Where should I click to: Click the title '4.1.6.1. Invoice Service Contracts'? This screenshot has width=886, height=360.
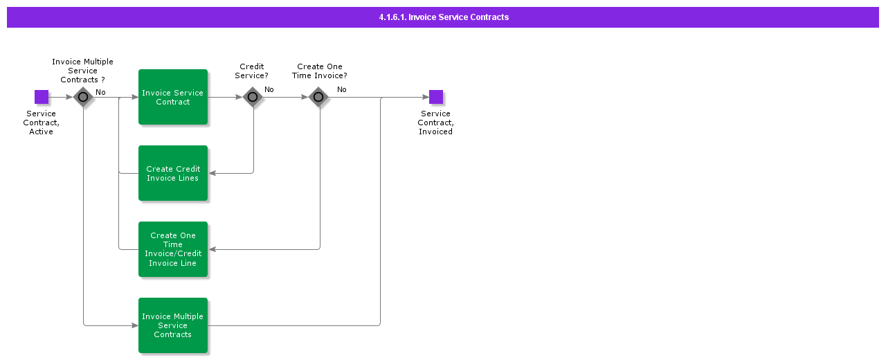(443, 17)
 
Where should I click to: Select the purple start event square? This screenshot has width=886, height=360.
(42, 97)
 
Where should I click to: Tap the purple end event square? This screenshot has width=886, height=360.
(435, 97)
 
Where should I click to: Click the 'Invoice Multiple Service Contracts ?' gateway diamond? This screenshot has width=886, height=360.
(83, 97)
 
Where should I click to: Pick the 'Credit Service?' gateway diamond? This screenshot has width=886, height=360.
(253, 97)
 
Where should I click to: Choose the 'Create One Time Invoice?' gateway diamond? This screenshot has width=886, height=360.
(319, 97)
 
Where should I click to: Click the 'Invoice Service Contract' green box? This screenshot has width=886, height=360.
(173, 97)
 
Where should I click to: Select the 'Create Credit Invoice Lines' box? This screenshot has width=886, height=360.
(173, 173)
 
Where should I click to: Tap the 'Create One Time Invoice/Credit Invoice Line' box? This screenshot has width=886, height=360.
(173, 249)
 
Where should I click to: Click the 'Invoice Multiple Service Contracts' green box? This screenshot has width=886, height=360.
(173, 325)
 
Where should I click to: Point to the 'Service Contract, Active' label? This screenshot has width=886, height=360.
(42, 123)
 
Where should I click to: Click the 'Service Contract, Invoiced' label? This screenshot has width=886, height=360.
(435, 123)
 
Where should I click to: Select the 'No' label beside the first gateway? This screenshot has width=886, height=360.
(100, 92)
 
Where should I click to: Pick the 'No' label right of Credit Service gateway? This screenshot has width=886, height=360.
(269, 89)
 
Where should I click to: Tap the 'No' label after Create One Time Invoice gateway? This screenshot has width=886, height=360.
(342, 89)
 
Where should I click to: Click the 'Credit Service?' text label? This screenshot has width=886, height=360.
(252, 71)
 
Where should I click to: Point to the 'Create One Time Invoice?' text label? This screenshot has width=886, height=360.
(320, 71)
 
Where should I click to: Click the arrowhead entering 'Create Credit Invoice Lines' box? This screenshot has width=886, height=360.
(213, 173)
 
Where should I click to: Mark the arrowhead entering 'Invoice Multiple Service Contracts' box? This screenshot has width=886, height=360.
(134, 325)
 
